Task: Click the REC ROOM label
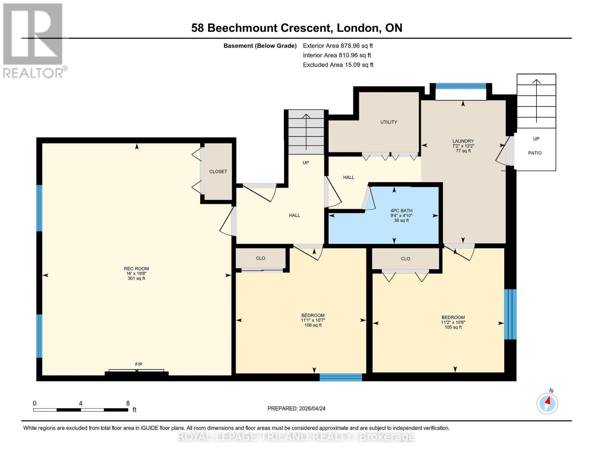[136, 269]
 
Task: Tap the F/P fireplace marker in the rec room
[139, 364]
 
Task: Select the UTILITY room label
[388, 122]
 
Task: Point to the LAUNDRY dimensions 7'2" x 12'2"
[463, 146]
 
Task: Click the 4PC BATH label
[401, 211]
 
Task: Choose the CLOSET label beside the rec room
[218, 172]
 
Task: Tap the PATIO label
[535, 153]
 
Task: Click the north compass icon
[547, 403]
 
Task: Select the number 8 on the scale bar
[128, 403]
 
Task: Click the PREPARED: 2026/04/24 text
[296, 408]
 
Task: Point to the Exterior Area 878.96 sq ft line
[338, 46]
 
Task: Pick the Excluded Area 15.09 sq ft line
[338, 65]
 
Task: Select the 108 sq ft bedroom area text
[313, 325]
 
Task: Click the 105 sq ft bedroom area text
[453, 327]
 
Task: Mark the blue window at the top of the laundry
[461, 86]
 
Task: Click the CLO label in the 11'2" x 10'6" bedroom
[405, 259]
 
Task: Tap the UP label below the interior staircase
[305, 163]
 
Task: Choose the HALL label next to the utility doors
[348, 177]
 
